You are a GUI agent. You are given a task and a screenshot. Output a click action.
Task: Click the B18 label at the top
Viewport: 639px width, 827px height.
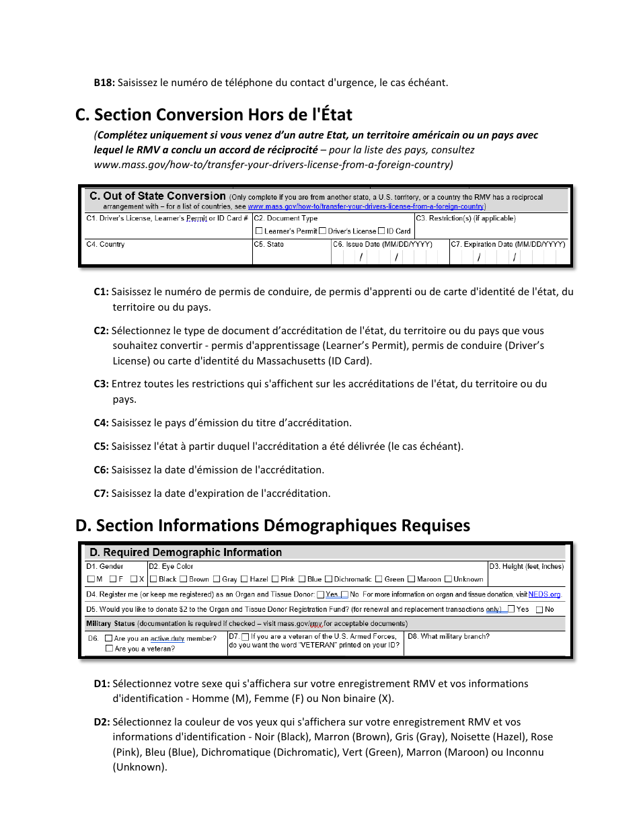coord(104,83)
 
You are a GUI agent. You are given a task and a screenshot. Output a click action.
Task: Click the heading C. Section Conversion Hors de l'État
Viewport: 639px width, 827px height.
coord(214,114)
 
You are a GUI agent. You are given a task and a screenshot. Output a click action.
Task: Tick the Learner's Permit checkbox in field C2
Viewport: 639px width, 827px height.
coord(259,231)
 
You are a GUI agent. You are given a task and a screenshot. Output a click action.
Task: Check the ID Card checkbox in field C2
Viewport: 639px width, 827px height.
coord(381,231)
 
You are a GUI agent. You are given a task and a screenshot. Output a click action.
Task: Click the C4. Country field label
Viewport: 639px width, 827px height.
coord(105,245)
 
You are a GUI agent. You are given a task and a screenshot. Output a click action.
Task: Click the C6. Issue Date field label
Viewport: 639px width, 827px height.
coord(382,245)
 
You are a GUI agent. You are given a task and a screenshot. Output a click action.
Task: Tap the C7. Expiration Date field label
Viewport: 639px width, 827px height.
coord(508,245)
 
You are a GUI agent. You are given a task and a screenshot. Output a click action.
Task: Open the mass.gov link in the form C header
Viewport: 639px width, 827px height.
coord(365,207)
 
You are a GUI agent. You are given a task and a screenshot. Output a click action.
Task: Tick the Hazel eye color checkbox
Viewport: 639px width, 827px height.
coord(244,580)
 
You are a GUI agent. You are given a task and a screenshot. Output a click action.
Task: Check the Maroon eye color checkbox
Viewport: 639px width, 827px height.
coord(411,580)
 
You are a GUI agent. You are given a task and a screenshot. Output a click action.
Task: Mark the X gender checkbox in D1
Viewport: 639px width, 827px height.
coord(133,580)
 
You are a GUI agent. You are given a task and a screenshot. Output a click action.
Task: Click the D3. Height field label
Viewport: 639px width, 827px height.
coord(526,567)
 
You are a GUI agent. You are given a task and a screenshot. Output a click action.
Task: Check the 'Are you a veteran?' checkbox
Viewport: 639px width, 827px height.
coord(109,649)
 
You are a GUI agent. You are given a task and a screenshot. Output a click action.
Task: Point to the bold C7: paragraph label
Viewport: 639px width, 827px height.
coord(101,494)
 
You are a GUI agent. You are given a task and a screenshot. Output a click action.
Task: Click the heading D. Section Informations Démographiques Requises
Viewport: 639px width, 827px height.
coord(272,525)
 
